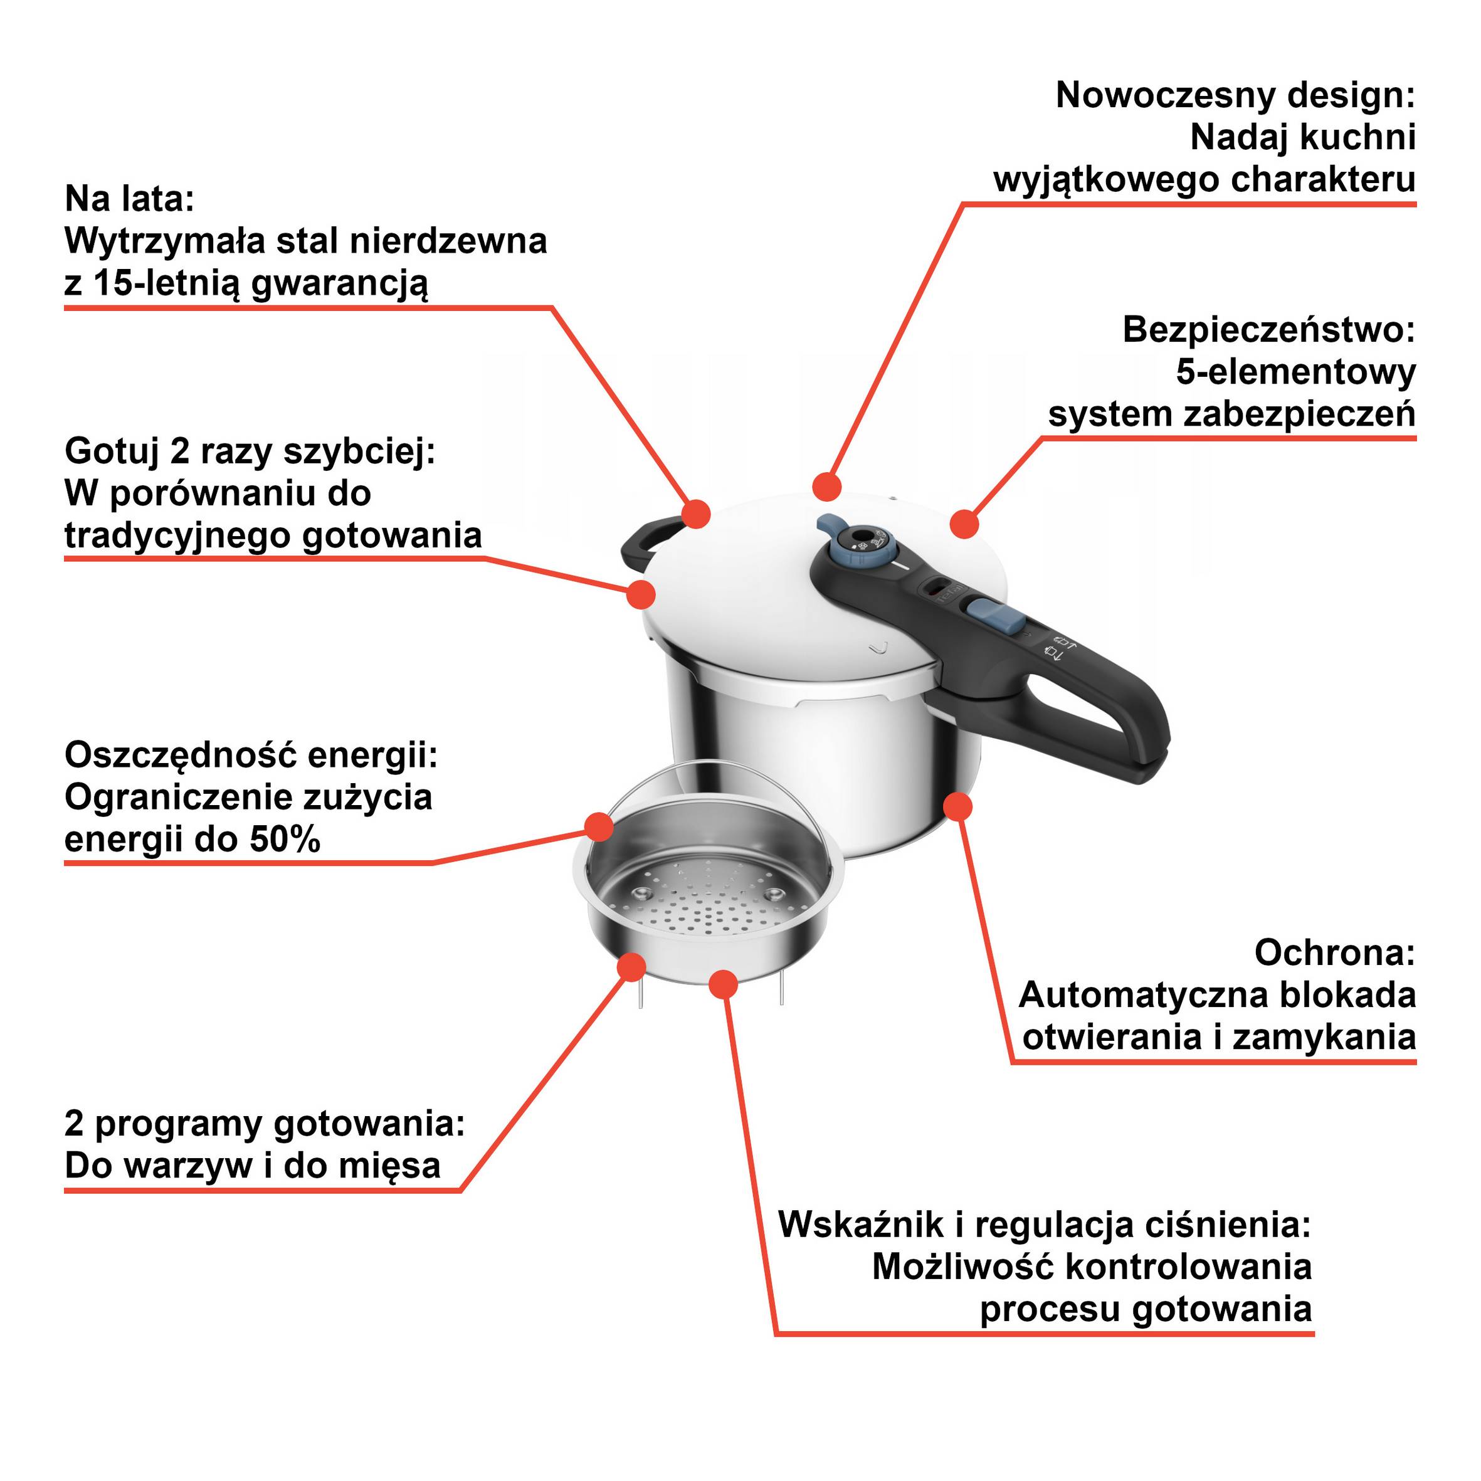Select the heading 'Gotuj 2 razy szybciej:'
(250, 451)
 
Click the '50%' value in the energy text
(285, 840)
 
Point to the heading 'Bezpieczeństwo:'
(1268, 330)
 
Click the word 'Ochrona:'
(1334, 953)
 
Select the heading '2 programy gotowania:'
(265, 1124)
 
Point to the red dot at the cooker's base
(957, 806)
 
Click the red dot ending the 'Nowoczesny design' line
(826, 486)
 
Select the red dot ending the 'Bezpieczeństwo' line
(964, 524)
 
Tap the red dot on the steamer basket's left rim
(599, 826)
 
